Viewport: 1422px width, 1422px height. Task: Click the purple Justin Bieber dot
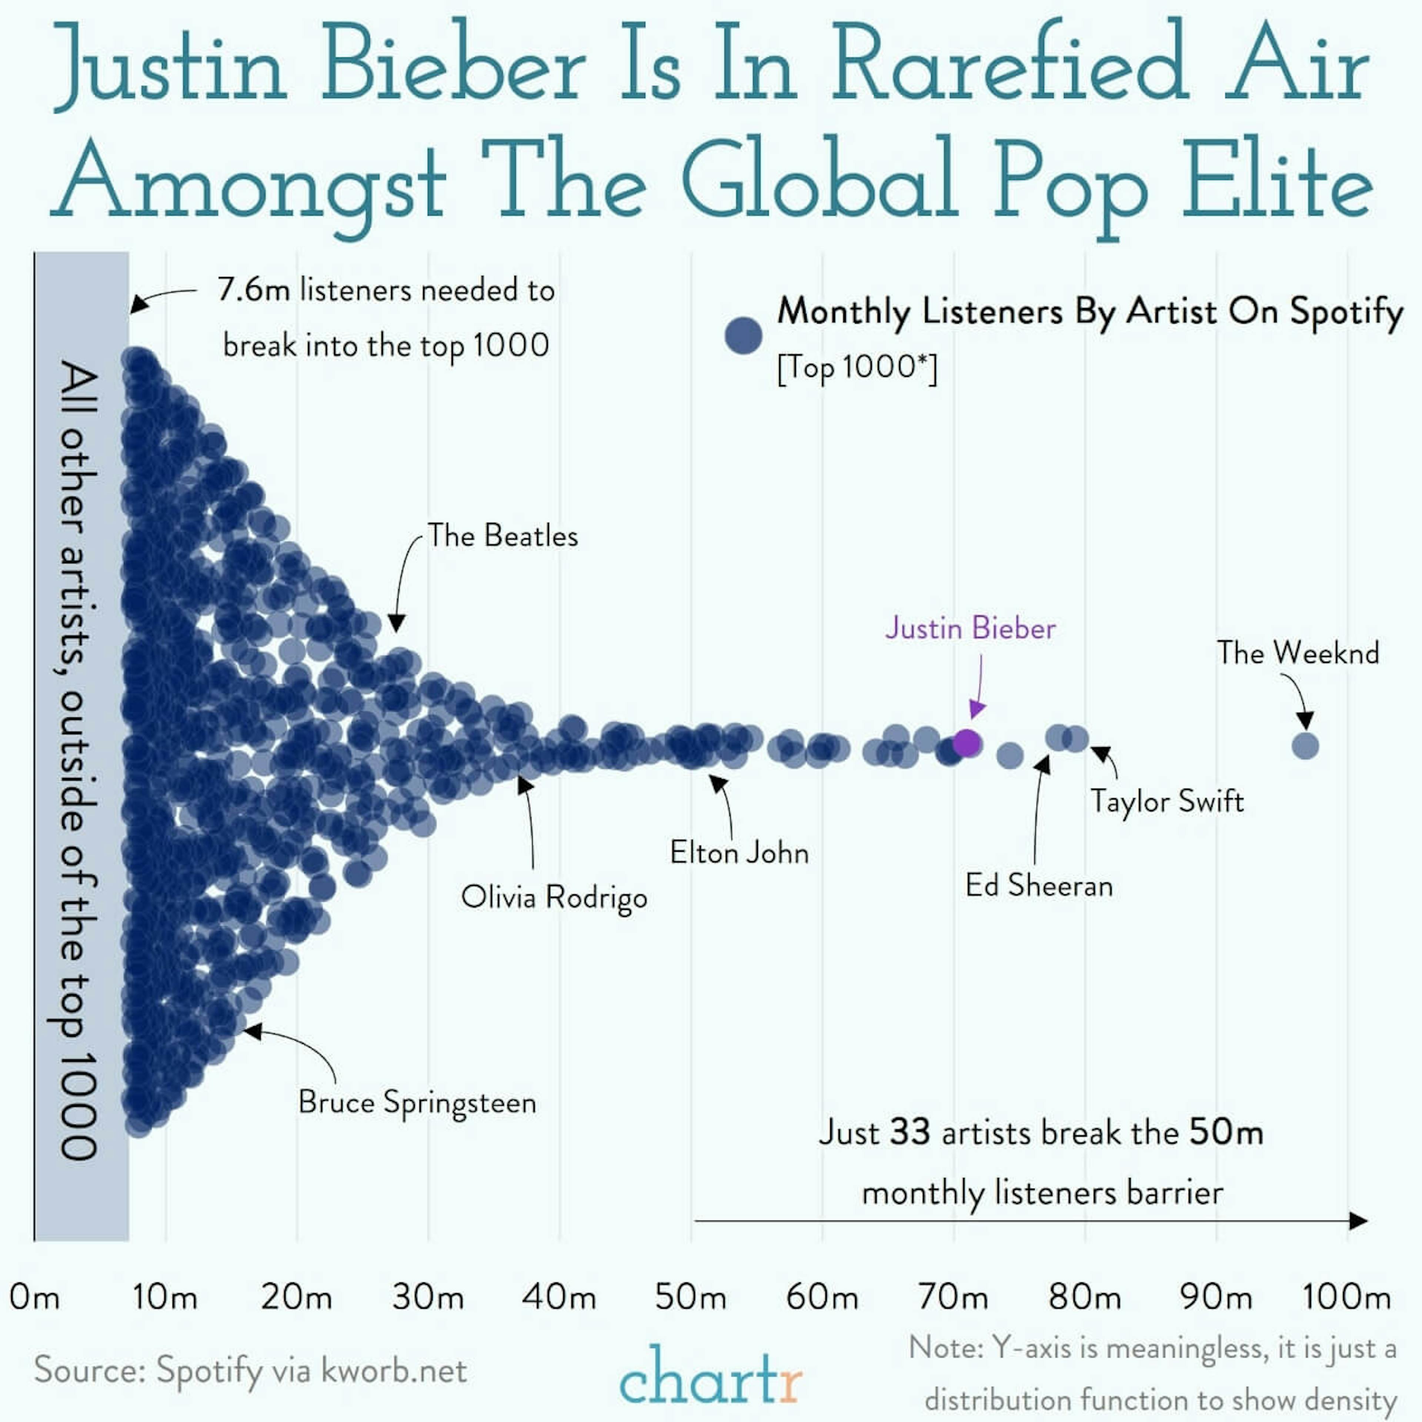967,743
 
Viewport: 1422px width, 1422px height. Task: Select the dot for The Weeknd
1305,745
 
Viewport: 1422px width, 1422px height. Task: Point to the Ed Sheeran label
1038,885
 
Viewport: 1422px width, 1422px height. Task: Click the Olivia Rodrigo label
554,897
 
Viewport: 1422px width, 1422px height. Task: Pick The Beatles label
503,536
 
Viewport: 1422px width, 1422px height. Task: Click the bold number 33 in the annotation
910,1132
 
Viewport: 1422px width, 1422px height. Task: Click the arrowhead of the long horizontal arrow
1359,1221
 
